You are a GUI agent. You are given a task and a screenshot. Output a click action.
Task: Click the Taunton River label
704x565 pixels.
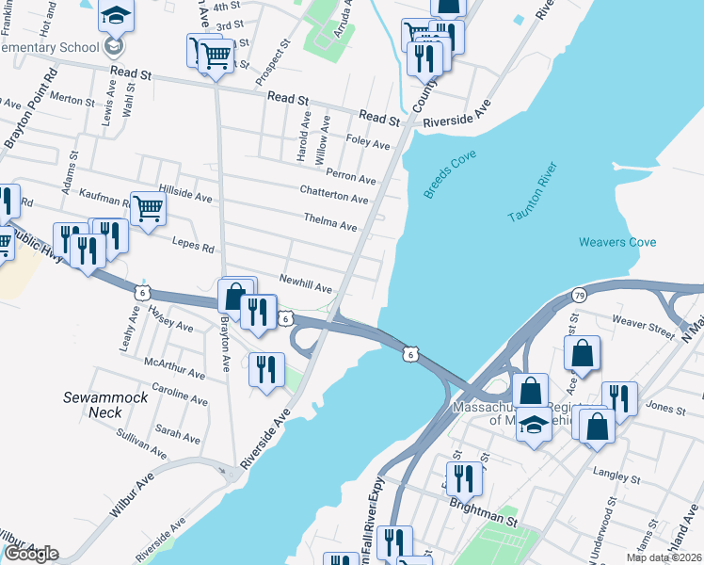[534, 193]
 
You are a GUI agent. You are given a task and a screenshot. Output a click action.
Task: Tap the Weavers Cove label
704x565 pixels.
[616, 242]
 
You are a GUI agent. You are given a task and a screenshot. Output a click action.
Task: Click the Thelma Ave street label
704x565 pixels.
[330, 225]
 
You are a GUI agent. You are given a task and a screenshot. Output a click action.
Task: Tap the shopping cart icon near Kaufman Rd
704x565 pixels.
[148, 208]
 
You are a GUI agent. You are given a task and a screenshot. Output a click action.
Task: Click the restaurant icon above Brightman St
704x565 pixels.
[464, 477]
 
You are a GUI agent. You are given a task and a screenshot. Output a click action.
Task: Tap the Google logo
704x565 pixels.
[31, 554]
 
